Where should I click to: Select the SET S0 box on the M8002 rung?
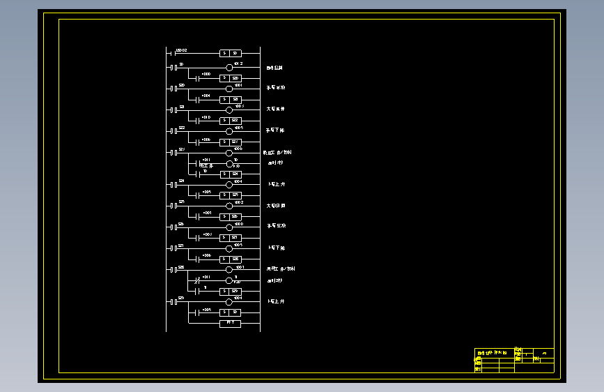[231, 53]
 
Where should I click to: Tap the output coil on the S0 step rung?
[229, 68]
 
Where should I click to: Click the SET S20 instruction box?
[231, 78]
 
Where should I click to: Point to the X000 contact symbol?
[199, 78]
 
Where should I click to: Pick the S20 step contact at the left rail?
[172, 89]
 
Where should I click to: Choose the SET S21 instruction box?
[231, 100]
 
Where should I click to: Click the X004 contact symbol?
[199, 100]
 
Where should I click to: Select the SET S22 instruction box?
[231, 121]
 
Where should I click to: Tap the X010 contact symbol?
[199, 121]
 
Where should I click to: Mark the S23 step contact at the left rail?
[172, 152]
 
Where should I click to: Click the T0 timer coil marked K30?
[229, 163]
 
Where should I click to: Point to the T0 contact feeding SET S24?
[199, 174]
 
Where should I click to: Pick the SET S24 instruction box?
[231, 174]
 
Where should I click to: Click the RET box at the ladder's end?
[231, 323]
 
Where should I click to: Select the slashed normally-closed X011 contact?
[199, 280]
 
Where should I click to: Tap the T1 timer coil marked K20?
[229, 280]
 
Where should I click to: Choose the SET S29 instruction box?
[231, 291]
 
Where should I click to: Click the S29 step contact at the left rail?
[172, 301]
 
